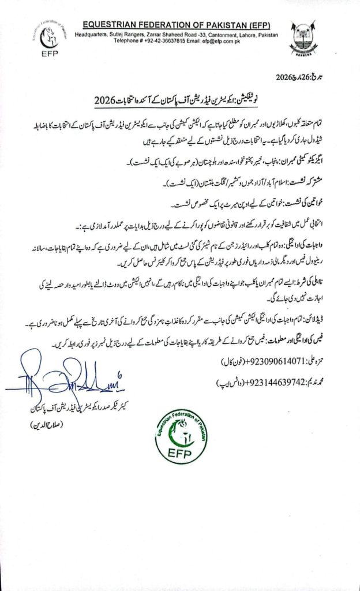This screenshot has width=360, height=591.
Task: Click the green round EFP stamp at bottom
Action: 184,432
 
